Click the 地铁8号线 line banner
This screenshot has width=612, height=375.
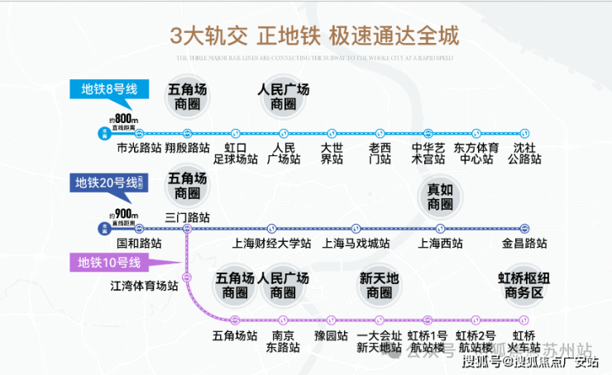click(x=108, y=88)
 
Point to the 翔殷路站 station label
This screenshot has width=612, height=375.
click(x=187, y=149)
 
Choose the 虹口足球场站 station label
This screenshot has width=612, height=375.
click(x=236, y=153)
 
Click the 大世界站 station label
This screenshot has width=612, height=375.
click(x=332, y=153)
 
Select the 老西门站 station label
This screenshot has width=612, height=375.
click(x=380, y=153)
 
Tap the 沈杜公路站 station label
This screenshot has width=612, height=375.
click(x=524, y=153)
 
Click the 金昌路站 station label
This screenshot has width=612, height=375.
click(x=524, y=244)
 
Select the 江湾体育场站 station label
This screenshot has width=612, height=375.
click(x=145, y=286)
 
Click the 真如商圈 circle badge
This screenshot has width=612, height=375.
click(x=440, y=197)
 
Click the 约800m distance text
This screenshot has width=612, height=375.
click(x=123, y=119)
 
